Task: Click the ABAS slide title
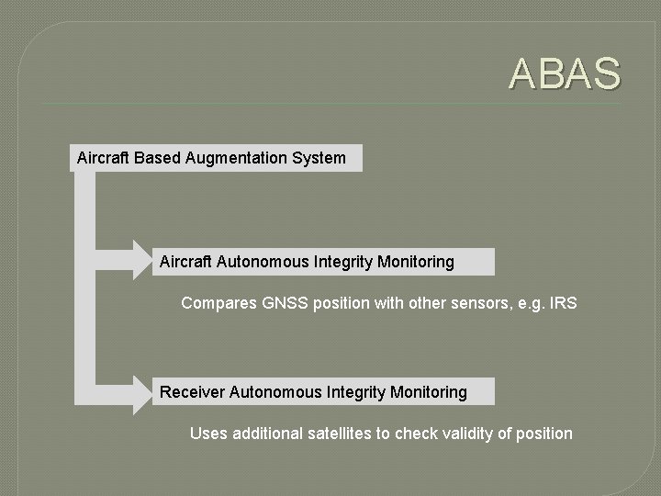[x=566, y=74]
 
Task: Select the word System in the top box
[x=319, y=158]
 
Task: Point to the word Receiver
[x=192, y=392]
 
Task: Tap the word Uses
[x=207, y=434]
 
